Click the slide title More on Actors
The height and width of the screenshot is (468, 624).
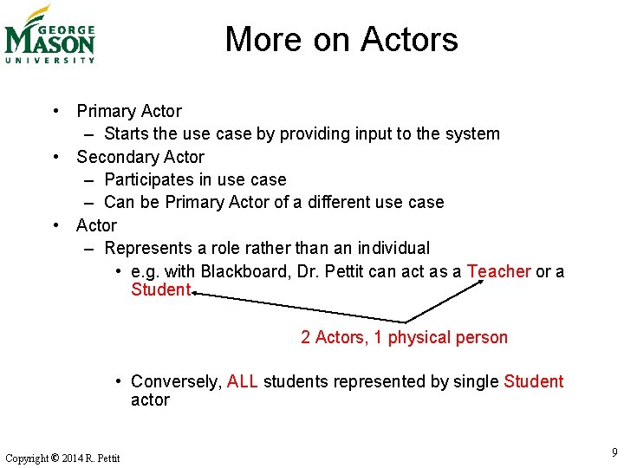click(341, 39)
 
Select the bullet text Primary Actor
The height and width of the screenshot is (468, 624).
click(129, 111)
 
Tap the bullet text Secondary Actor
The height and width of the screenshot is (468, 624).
click(140, 157)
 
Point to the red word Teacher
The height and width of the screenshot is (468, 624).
click(498, 271)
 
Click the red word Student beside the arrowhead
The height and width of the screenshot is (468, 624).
click(160, 289)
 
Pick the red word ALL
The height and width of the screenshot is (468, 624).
click(243, 381)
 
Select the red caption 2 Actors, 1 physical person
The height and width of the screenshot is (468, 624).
click(404, 337)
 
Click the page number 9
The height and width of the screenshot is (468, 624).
click(614, 452)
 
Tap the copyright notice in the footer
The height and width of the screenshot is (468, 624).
click(62, 458)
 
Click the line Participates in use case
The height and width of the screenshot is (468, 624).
click(195, 179)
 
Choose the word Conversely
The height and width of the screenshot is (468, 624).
click(177, 381)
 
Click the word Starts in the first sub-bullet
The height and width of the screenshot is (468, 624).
click(127, 133)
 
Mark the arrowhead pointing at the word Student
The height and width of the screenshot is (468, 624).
click(196, 294)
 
